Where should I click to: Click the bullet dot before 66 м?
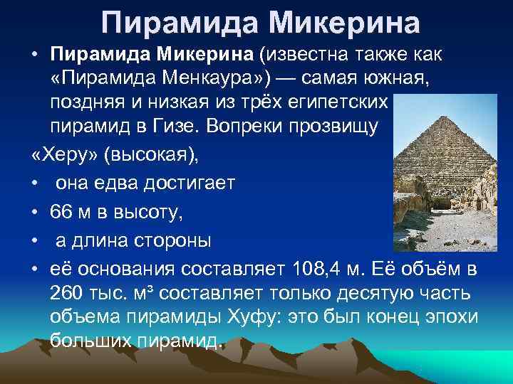tap(35, 211)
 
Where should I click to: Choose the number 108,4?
tap(317, 270)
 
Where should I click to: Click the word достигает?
tap(195, 183)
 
